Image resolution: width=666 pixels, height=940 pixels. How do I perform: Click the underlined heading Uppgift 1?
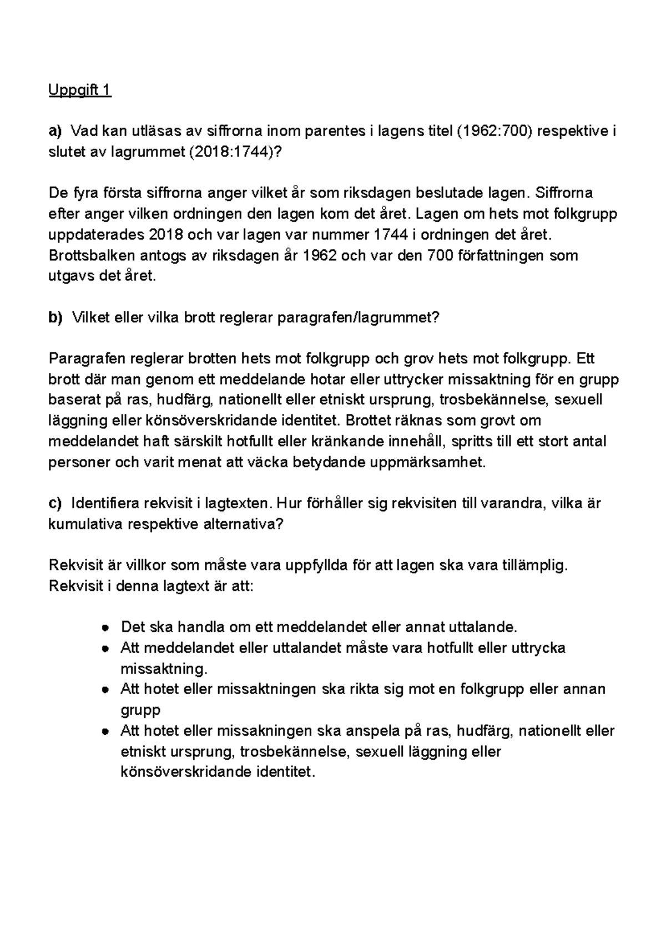(x=80, y=90)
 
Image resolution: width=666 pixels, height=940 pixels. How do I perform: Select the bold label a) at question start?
(x=56, y=132)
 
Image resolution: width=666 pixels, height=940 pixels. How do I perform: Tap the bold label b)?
(x=56, y=318)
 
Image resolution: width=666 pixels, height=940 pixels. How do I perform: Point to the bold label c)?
(x=56, y=503)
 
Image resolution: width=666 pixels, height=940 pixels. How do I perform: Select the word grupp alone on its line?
(x=140, y=710)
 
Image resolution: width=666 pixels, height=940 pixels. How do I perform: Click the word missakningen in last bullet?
(x=266, y=731)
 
